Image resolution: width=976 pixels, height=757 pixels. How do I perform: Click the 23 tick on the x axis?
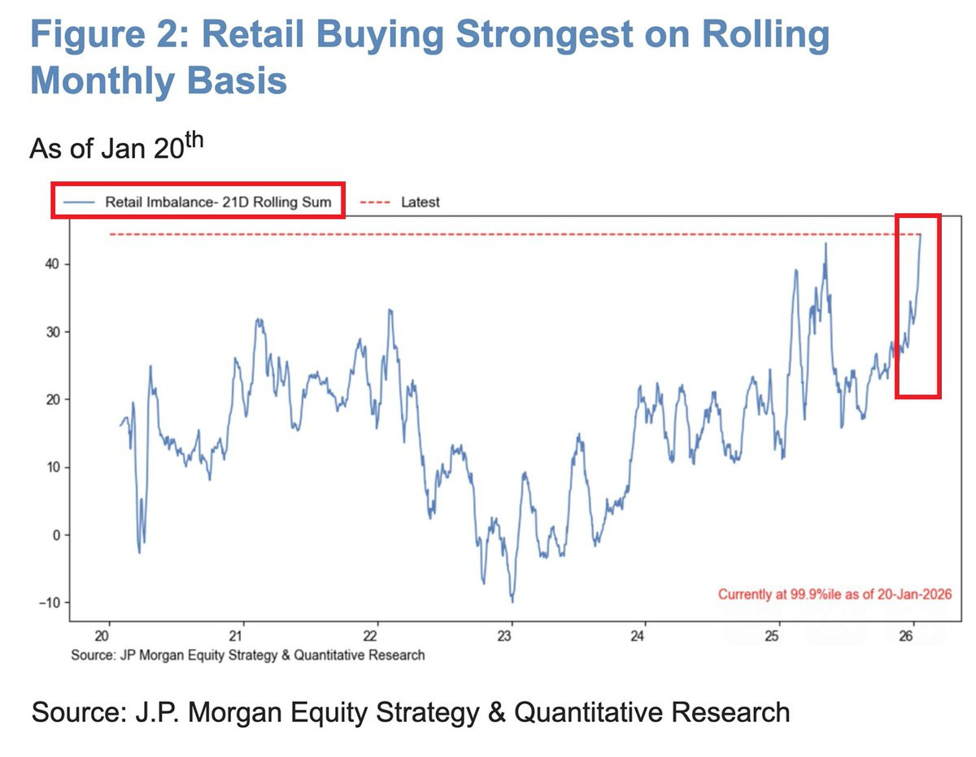point(510,636)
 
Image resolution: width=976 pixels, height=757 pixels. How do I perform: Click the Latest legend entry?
point(420,202)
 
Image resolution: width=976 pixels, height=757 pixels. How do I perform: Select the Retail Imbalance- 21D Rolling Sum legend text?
point(218,202)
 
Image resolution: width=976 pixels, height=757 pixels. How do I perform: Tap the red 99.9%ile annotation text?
point(834,594)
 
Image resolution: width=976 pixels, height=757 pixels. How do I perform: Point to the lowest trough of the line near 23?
point(512,601)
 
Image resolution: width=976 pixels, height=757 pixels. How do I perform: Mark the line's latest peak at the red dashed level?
point(920,236)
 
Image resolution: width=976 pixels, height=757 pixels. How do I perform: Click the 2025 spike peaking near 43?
point(826,244)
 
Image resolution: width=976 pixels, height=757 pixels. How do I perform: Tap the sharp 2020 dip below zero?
point(139,552)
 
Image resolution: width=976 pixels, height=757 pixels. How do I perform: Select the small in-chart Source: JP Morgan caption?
point(247,654)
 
